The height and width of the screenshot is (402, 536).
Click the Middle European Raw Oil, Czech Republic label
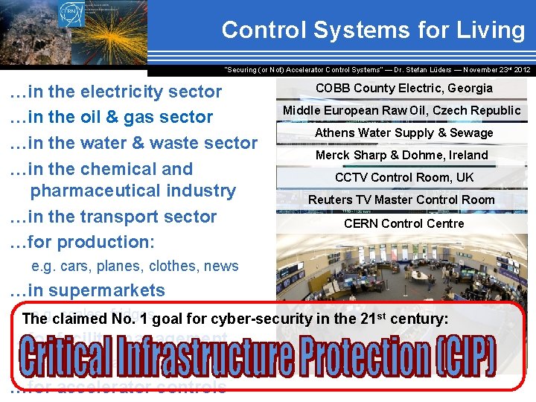pos(401,110)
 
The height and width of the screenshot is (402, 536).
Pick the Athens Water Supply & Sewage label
pos(403,133)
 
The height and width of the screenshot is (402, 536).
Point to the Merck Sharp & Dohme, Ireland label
pos(401,155)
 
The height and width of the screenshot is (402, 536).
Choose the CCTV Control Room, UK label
pos(403,177)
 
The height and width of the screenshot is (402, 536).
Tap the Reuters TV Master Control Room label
pos(401,200)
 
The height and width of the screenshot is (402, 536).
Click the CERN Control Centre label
pos(403,223)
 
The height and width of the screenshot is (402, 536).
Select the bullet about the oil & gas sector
pos(111,117)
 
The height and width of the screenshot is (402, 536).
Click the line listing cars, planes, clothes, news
pos(135,267)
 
